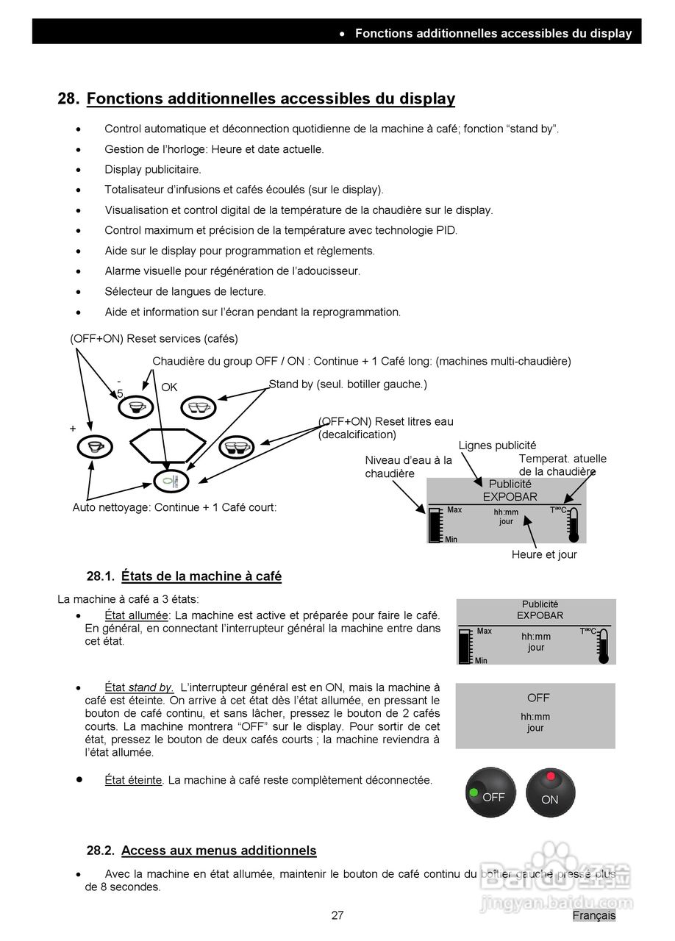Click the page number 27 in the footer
337,915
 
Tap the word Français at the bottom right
594,915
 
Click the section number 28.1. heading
101,576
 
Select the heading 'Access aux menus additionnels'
218,851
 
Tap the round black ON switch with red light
551,793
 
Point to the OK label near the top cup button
169,387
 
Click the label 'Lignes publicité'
497,446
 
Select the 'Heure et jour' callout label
544,554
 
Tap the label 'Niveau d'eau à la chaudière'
408,467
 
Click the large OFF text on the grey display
538,698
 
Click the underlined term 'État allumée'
137,615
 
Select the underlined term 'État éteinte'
133,780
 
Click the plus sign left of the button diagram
73,428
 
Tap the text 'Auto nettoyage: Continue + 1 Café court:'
174,507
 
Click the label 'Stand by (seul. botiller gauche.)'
348,384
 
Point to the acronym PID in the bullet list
446,230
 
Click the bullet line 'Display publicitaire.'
152,170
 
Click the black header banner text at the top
493,33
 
